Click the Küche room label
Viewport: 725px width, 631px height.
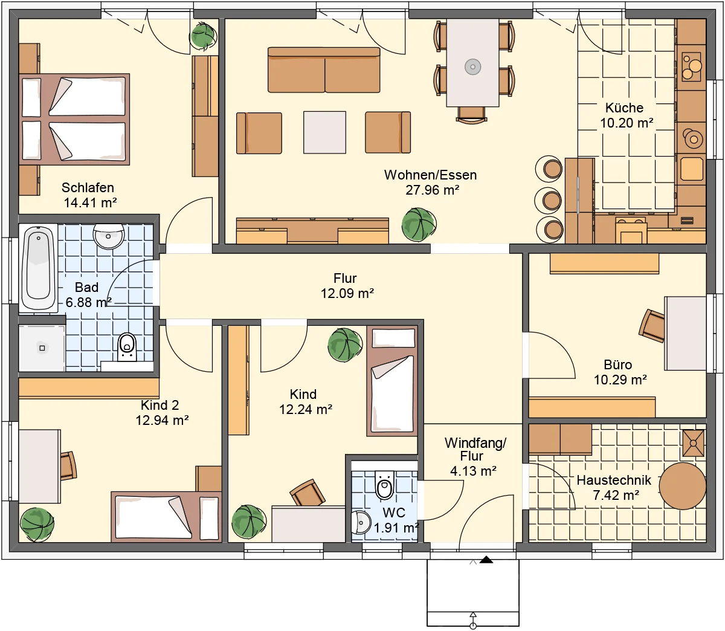[624, 108]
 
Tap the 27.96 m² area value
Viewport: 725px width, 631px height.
[432, 190]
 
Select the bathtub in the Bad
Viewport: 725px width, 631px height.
[38, 268]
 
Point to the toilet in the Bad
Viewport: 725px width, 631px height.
[127, 346]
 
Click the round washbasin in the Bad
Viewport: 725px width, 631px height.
[109, 235]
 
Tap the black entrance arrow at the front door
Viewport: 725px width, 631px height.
[486, 560]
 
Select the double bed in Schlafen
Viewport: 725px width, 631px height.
[74, 119]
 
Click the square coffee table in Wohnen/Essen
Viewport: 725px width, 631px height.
[324, 132]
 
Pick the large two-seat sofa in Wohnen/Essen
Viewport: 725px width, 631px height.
[324, 70]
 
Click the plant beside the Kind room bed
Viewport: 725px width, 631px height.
[344, 345]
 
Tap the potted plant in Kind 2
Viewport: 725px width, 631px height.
[37, 523]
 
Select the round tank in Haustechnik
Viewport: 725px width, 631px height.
[682, 487]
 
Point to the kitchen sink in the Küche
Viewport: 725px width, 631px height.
[692, 169]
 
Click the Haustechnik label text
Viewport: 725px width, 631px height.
[614, 481]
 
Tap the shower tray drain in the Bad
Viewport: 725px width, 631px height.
[42, 348]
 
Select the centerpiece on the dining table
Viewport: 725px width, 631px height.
[472, 66]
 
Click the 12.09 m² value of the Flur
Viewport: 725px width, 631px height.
[347, 294]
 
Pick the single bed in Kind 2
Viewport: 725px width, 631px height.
[166, 516]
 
